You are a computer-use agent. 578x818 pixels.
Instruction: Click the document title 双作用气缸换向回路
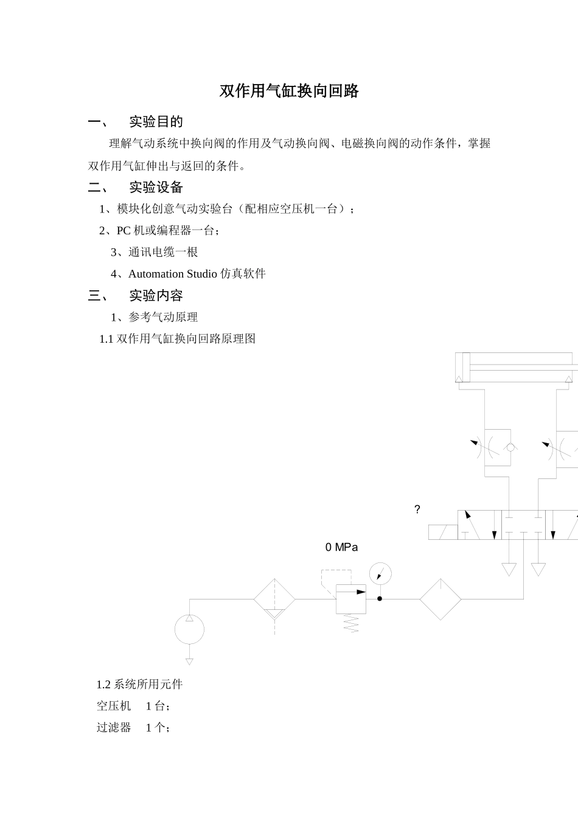[x=289, y=91]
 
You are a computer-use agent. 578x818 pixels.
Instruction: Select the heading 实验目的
[x=156, y=122]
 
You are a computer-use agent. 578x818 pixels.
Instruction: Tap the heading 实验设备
[x=156, y=187]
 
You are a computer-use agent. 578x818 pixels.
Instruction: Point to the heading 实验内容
[x=156, y=296]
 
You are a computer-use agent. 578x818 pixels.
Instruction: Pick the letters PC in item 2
[x=124, y=231]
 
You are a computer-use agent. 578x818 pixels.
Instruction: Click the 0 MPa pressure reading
[x=341, y=547]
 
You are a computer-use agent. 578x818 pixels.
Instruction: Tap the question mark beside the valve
[x=417, y=510]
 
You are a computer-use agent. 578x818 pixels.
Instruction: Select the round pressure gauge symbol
[x=380, y=573]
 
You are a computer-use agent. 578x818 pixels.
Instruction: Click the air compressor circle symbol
[x=189, y=629]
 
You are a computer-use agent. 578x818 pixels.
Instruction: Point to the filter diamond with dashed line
[x=274, y=600]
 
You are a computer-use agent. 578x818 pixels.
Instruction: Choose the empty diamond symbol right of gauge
[x=440, y=600]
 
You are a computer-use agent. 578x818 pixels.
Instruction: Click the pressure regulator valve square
[x=351, y=599]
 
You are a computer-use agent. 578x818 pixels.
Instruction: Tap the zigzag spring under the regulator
[x=351, y=623]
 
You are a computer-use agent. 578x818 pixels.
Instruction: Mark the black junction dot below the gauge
[x=380, y=599]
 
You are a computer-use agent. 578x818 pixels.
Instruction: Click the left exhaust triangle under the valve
[x=509, y=570]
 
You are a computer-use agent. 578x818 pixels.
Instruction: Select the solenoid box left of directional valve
[x=443, y=532]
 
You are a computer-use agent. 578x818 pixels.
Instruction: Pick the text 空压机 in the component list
[x=114, y=706]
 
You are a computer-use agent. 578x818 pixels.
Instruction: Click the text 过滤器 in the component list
[x=114, y=727]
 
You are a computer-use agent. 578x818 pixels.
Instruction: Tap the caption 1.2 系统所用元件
[x=139, y=684]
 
